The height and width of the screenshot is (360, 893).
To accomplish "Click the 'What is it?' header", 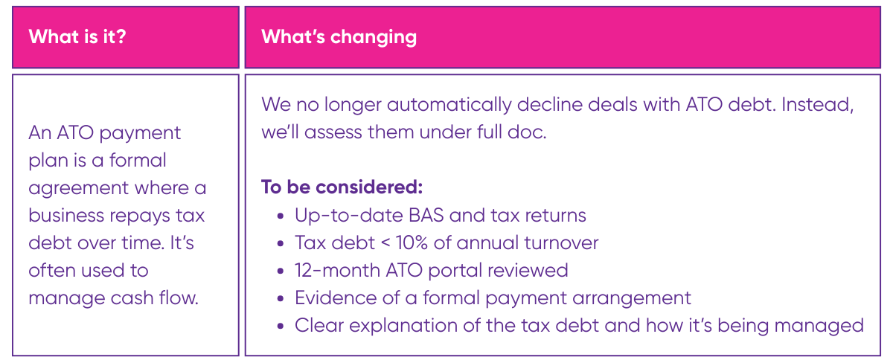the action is point(77,36).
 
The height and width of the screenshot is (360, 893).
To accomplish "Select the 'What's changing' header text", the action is point(339,37).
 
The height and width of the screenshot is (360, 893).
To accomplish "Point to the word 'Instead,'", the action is point(817,105).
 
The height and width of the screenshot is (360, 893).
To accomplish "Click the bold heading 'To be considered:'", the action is point(342,187).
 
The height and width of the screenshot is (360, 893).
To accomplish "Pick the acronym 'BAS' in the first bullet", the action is point(426,215).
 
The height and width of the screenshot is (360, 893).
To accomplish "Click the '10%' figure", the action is point(412,242).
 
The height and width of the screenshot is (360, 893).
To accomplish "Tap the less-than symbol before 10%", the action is point(385,243).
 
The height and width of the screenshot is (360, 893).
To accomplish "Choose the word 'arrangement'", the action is point(632,298).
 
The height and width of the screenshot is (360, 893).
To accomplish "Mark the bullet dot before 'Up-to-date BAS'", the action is point(281,216).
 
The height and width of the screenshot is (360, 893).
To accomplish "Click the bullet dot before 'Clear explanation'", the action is point(281,326).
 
